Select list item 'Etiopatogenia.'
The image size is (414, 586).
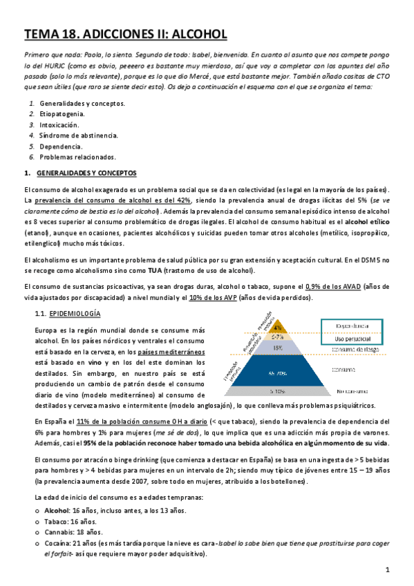click(62, 113)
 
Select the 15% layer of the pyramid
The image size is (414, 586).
click(276, 349)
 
